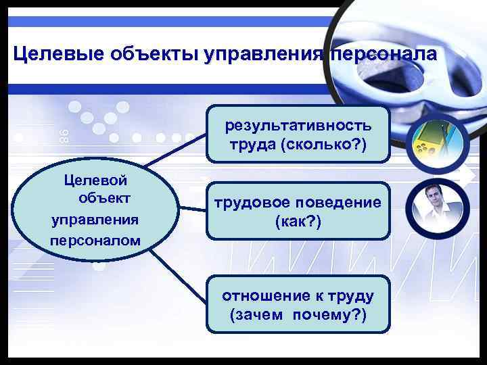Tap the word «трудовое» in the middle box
pos(250,202)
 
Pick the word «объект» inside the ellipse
pos(104,199)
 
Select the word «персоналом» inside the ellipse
pos(95,240)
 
